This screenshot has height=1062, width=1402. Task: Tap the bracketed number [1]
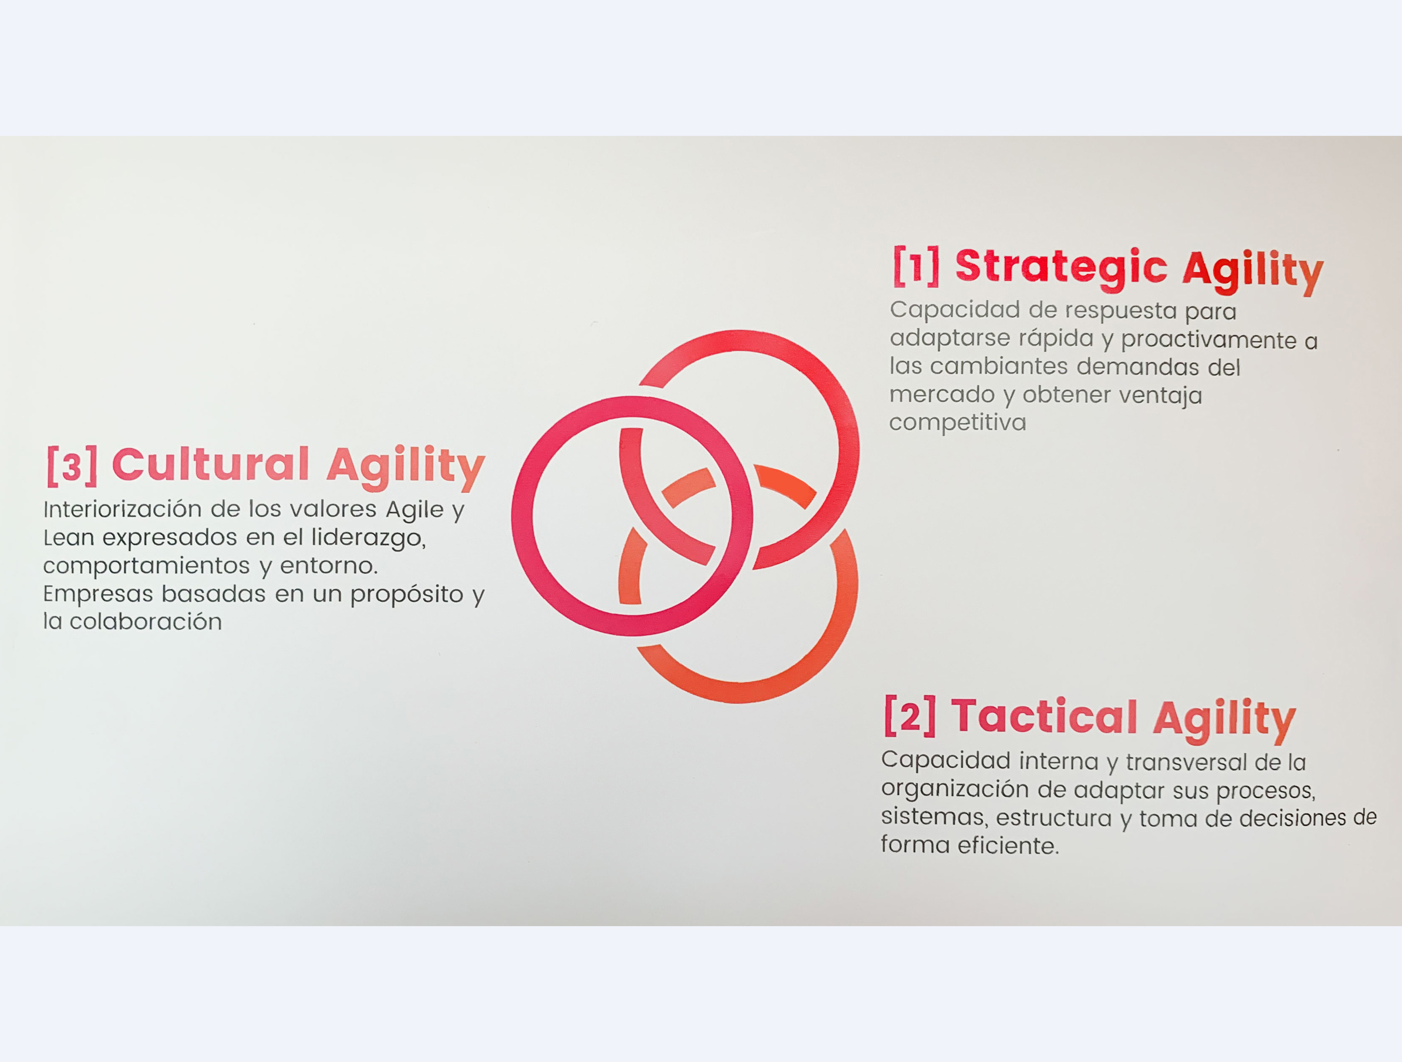pos(916,266)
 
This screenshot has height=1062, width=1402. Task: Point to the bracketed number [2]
pos(910,715)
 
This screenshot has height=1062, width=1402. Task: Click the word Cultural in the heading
pos(210,464)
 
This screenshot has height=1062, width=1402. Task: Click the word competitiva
pos(957,423)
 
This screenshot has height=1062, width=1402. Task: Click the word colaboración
pos(145,622)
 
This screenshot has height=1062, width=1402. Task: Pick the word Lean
pos(69,538)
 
